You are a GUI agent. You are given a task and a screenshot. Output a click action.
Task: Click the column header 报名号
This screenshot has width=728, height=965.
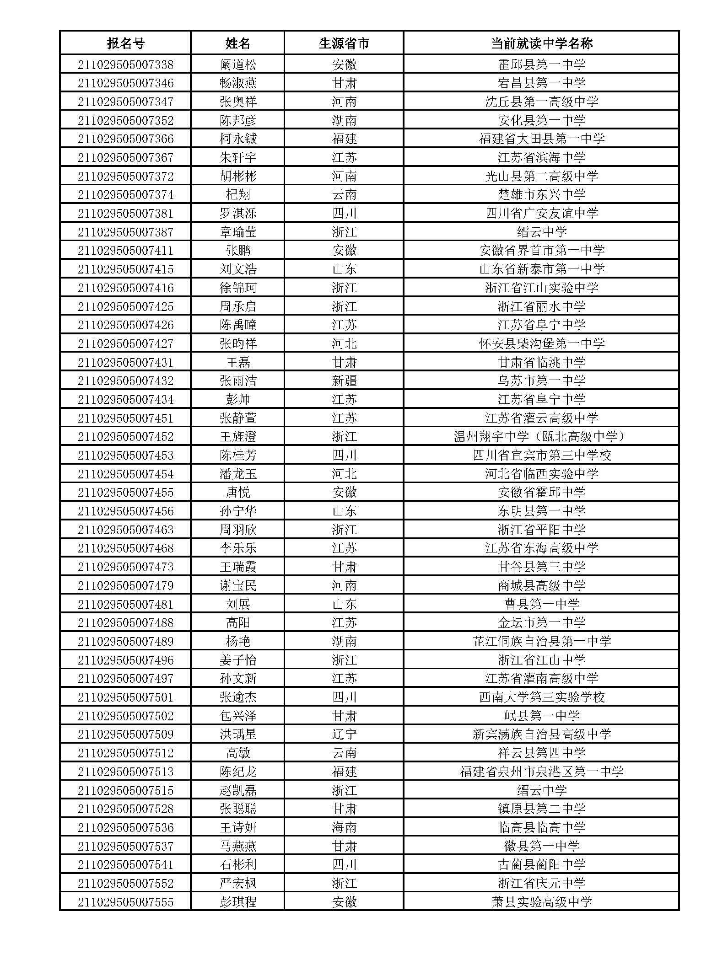pyautogui.click(x=125, y=43)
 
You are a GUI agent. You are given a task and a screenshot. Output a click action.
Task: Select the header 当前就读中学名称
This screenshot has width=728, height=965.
pyautogui.click(x=541, y=43)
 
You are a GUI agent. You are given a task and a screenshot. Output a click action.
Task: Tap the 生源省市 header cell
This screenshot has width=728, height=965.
pyautogui.click(x=344, y=43)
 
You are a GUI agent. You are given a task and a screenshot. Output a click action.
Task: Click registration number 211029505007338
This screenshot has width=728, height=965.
pyautogui.click(x=125, y=64)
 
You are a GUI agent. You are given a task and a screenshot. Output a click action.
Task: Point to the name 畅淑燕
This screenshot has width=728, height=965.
pyautogui.click(x=238, y=83)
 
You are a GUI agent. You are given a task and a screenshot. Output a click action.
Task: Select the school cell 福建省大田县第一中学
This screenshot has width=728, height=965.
pyautogui.click(x=541, y=139)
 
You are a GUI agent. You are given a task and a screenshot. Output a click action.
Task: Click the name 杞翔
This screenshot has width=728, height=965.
pyautogui.click(x=238, y=195)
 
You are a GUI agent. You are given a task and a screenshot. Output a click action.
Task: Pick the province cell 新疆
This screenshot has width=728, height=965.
pyautogui.click(x=344, y=381)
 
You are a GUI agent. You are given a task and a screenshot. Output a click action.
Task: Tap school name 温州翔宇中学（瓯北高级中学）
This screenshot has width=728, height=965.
pyautogui.click(x=541, y=437)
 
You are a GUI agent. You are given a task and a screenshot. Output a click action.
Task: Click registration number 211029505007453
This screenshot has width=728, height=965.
pyautogui.click(x=125, y=456)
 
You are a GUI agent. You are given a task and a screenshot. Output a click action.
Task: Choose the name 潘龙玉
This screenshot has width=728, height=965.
pyautogui.click(x=238, y=474)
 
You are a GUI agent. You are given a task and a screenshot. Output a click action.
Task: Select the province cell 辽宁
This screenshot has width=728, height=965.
pyautogui.click(x=344, y=734)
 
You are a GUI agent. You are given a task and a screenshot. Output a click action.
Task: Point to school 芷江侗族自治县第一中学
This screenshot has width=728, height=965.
pyautogui.click(x=541, y=641)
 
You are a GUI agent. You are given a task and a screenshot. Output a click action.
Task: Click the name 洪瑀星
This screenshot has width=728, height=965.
pyautogui.click(x=238, y=734)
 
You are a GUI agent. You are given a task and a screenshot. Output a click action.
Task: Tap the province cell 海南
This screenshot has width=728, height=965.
pyautogui.click(x=344, y=827)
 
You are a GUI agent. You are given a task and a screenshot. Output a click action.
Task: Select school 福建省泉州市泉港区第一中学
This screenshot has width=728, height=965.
pyautogui.click(x=541, y=772)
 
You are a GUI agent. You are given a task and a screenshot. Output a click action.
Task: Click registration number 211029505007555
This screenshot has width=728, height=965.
pyautogui.click(x=125, y=902)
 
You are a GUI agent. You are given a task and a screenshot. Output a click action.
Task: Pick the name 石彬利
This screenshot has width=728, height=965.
pyautogui.click(x=238, y=865)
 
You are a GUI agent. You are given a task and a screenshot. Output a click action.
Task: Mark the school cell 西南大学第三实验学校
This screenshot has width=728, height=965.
pyautogui.click(x=541, y=697)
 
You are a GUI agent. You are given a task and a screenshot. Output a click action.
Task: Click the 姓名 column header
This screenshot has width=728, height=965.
pyautogui.click(x=238, y=43)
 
